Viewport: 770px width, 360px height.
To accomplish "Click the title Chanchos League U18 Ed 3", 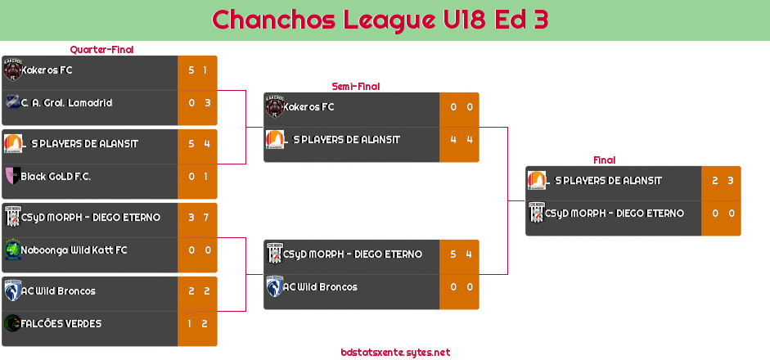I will [x=380, y=20].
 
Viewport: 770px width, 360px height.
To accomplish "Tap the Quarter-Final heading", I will [x=101, y=50].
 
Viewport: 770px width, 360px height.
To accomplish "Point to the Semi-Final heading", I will [x=354, y=86].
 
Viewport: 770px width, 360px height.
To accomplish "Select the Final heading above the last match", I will [x=603, y=160].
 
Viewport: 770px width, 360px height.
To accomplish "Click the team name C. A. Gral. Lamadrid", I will [x=66, y=103].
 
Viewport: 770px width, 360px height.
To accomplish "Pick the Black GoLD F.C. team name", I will [x=56, y=177].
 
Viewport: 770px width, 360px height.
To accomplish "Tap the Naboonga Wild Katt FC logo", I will [x=12, y=250].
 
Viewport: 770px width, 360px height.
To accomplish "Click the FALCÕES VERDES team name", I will [x=61, y=324].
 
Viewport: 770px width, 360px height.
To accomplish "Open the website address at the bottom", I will [x=395, y=353].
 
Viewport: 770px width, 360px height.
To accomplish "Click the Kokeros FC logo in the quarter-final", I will [x=12, y=70].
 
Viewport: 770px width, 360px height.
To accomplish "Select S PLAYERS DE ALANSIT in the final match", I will [x=608, y=181].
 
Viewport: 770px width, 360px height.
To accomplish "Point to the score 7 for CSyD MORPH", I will [x=205, y=218].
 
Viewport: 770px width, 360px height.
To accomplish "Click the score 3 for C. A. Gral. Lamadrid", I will [x=205, y=103].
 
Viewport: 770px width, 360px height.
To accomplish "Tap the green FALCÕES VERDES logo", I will [x=12, y=324].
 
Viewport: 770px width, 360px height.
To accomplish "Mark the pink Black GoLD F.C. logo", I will [x=12, y=176].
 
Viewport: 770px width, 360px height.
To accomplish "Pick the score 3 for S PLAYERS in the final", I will [x=730, y=181].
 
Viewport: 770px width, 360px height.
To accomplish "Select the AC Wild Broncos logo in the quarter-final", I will [x=12, y=291].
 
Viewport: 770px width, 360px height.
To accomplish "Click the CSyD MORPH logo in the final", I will [x=536, y=214].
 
